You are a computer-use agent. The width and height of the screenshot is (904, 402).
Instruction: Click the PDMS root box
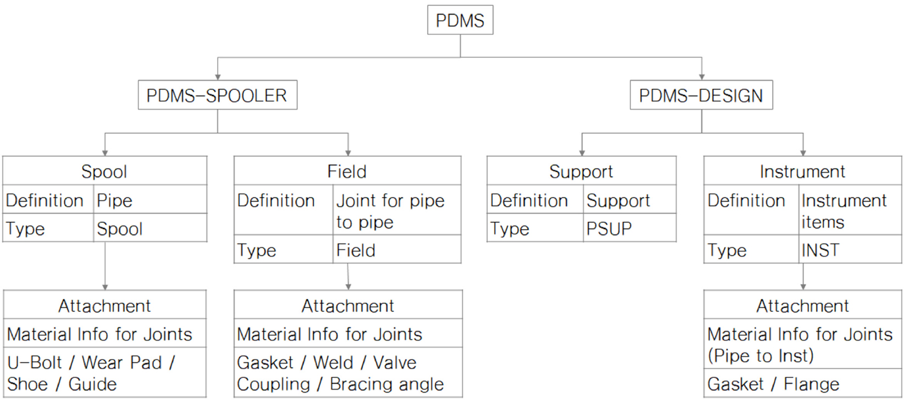[x=460, y=20]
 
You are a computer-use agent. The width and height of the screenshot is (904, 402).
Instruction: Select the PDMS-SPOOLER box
[x=218, y=95]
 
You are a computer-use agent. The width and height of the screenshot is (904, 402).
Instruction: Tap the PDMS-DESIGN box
[x=701, y=95]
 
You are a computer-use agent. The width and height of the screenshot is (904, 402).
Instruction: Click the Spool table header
[x=105, y=171]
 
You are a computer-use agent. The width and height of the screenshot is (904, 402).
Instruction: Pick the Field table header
[x=347, y=171]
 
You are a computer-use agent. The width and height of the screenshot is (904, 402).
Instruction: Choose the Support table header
[x=581, y=171]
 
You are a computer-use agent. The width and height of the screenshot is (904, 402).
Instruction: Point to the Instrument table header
[x=803, y=171]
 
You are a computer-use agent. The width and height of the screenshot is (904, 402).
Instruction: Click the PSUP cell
[x=630, y=228]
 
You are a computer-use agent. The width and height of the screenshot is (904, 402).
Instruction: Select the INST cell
[x=850, y=249]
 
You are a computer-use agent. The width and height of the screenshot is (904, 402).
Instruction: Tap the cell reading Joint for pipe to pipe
[x=397, y=210]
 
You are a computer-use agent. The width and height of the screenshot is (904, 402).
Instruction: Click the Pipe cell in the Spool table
[x=150, y=199]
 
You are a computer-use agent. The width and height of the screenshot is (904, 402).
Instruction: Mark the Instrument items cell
[x=850, y=210]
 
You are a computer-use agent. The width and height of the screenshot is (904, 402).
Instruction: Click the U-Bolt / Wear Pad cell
[x=105, y=372]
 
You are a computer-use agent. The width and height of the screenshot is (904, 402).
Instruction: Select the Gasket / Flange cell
[x=803, y=383]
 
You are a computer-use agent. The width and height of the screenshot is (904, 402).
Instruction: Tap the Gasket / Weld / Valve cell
[x=348, y=372]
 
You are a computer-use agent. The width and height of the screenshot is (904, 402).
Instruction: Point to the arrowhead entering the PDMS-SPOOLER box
[x=218, y=77]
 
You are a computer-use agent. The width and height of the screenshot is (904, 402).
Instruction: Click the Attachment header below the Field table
[x=348, y=305]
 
